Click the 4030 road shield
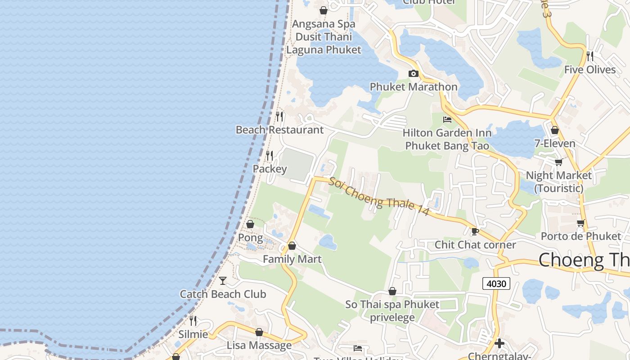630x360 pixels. click(496, 283)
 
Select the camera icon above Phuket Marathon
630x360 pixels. click(413, 73)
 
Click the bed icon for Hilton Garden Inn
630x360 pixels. click(447, 120)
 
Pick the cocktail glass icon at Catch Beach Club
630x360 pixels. click(223, 281)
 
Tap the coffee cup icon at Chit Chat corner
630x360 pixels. click(475, 231)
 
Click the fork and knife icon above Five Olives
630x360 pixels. click(590, 56)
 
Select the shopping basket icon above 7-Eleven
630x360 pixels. click(555, 130)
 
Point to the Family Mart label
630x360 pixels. click(292, 259)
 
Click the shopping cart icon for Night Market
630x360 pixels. click(558, 162)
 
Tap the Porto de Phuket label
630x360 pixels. click(580, 236)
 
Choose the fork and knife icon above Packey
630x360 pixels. click(270, 156)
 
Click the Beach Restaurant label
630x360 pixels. click(279, 130)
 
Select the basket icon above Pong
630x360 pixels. click(250, 224)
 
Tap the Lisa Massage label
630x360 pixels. click(259, 346)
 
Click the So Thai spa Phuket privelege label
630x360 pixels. click(392, 311)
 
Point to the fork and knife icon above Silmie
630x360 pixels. click(193, 321)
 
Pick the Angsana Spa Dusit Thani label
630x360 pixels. click(324, 30)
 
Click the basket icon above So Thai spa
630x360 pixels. click(392, 291)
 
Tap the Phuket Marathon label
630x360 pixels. click(413, 87)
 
